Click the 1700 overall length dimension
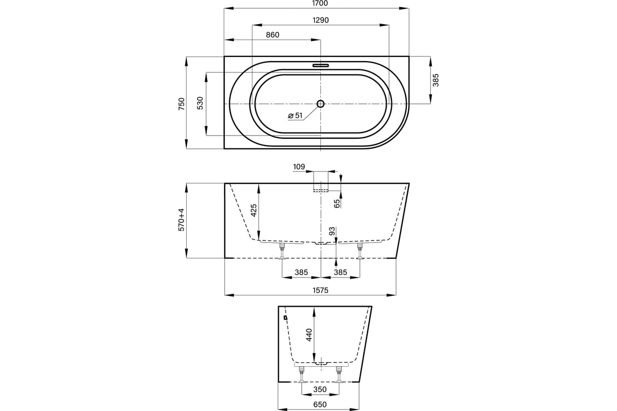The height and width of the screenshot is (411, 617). (x=320, y=3)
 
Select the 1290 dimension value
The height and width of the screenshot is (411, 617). (x=321, y=20)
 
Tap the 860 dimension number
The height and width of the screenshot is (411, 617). (x=273, y=35)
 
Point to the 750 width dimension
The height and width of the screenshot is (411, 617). (x=182, y=104)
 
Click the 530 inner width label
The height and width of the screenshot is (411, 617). (x=200, y=103)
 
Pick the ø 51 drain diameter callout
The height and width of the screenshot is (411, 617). (x=295, y=116)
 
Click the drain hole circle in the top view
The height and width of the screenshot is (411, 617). (x=320, y=104)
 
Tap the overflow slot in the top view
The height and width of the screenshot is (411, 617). (x=321, y=66)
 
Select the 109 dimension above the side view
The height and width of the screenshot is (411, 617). (x=299, y=166)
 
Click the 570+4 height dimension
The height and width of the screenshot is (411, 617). (x=182, y=220)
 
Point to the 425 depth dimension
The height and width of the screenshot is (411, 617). (x=253, y=210)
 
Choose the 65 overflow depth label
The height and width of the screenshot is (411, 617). (x=337, y=204)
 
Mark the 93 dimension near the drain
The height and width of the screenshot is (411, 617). (x=332, y=231)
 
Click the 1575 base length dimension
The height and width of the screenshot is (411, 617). (x=321, y=290)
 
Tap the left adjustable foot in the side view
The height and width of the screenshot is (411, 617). (x=282, y=251)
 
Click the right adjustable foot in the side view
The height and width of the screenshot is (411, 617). (x=360, y=251)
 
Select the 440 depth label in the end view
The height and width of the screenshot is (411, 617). (x=309, y=335)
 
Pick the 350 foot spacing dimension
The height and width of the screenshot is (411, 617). (x=320, y=389)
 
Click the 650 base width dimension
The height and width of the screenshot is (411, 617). (x=320, y=404)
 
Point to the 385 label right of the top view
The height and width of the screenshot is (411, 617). (x=435, y=80)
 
